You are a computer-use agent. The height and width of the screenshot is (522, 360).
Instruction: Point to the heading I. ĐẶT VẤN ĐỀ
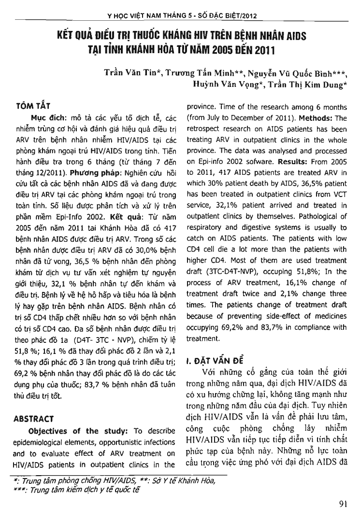pos(216,360)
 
